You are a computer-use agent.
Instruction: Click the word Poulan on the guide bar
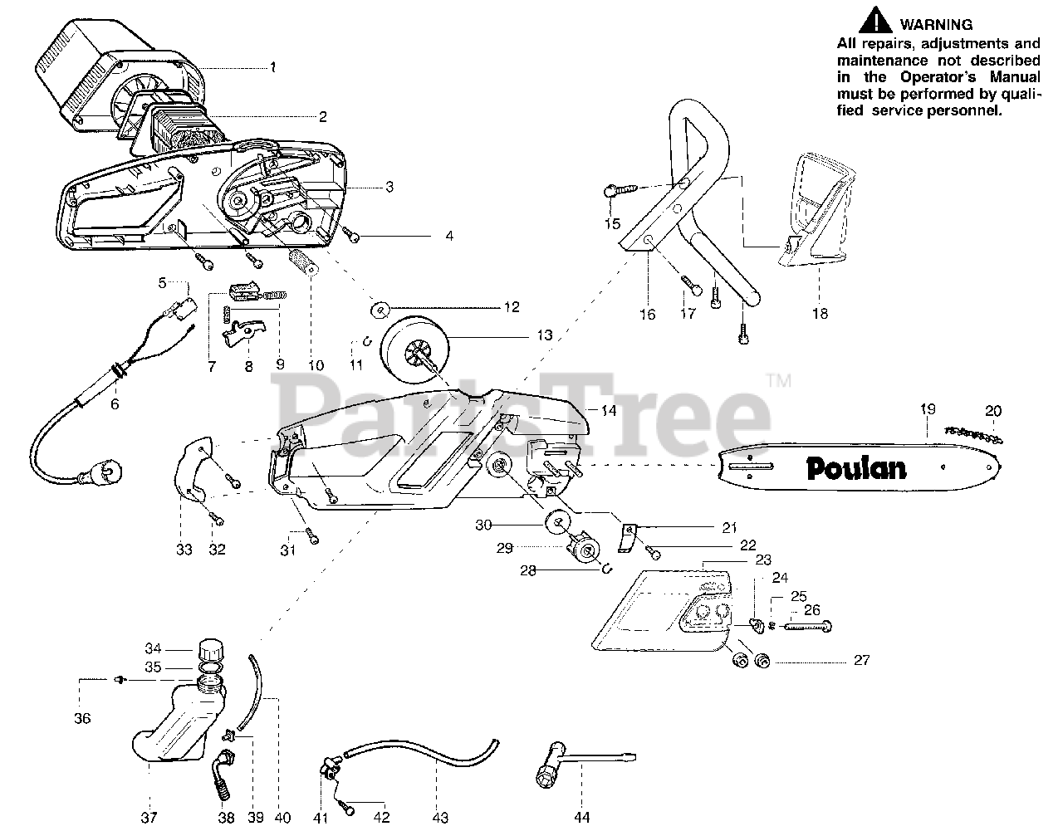(855, 467)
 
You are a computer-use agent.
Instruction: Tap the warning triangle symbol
(878, 20)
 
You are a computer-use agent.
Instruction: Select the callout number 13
(545, 336)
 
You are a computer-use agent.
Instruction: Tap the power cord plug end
(89, 476)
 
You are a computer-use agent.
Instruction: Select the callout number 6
(115, 404)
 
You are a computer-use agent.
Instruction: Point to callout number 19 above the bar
(928, 408)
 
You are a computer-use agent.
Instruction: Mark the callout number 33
(184, 549)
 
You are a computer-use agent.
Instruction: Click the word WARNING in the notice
(936, 25)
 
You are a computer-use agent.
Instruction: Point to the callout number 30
(483, 525)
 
